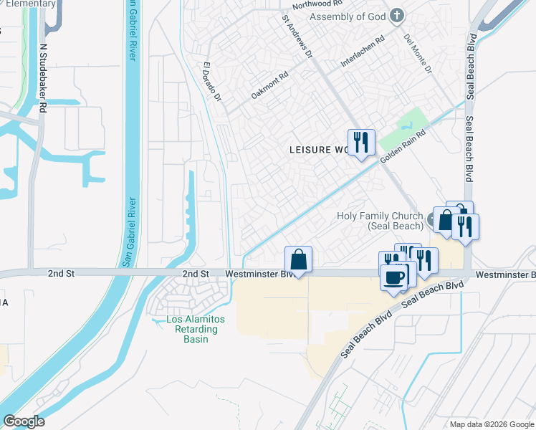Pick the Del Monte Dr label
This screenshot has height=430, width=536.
[x=418, y=54]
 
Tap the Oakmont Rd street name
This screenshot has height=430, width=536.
[x=269, y=85]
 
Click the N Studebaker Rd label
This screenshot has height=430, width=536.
[x=43, y=75]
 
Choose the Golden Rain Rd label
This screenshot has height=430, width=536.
[x=403, y=145]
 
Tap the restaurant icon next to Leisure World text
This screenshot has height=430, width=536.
[x=361, y=142]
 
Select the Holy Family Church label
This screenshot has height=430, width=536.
[x=380, y=221]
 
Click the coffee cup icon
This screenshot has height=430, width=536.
[x=393, y=276]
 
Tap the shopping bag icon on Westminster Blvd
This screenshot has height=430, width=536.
[x=299, y=259]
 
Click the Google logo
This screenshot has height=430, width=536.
[x=24, y=421]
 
